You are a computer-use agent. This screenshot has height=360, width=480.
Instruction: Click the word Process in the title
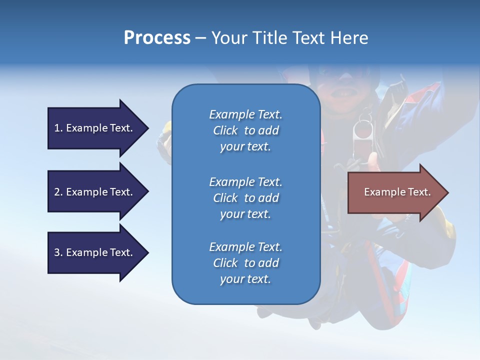point(157,38)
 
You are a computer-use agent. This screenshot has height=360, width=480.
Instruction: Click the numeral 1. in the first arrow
point(58,128)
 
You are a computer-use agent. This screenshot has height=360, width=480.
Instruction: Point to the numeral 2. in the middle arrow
point(58,192)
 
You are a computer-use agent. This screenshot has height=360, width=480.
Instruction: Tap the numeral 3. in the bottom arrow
point(58,252)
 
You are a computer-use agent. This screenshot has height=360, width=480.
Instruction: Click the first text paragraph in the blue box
point(245,130)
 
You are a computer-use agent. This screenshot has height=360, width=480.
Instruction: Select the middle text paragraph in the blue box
point(245,198)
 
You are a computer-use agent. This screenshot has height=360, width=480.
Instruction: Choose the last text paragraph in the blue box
point(245,263)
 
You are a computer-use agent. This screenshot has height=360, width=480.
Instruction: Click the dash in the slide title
point(200,38)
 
